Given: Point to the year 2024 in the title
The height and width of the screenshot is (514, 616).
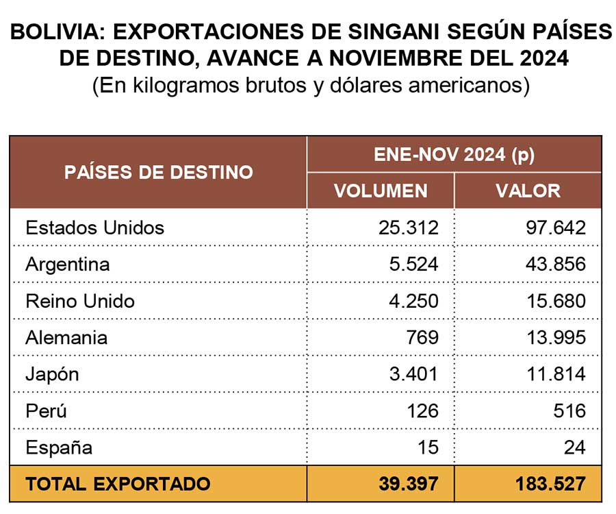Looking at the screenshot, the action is (x=544, y=58).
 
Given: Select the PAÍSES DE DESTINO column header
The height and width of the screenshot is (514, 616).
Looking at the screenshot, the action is (x=159, y=172).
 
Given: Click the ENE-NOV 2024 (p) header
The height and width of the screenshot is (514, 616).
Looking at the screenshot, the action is (x=454, y=155).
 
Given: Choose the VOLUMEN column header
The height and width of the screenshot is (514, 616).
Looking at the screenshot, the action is (x=381, y=191).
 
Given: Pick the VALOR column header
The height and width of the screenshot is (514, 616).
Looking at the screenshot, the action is (x=528, y=191).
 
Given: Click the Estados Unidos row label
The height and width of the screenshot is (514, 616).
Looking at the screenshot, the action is (x=94, y=228).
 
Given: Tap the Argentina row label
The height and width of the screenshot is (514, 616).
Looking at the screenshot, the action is (x=68, y=265).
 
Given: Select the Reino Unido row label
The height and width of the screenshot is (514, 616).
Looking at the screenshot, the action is (x=80, y=302).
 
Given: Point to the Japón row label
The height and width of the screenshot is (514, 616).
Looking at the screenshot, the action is (x=52, y=374).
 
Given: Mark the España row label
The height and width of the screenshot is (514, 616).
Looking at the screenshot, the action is (x=59, y=448).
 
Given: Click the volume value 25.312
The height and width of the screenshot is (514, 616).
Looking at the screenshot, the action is (x=409, y=228).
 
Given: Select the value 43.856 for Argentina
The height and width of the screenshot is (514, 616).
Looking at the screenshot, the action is (x=556, y=265).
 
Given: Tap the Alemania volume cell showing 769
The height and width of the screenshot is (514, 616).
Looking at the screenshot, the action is (x=422, y=337).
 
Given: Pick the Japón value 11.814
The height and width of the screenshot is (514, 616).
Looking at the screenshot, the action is (x=556, y=374).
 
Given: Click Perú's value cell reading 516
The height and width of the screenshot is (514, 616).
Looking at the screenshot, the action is (x=569, y=411).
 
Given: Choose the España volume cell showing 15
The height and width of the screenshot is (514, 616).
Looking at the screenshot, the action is (x=428, y=448).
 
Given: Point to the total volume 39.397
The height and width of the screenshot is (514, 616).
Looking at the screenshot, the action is (x=409, y=484).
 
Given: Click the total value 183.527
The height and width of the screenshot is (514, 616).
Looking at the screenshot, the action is (x=550, y=484).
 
